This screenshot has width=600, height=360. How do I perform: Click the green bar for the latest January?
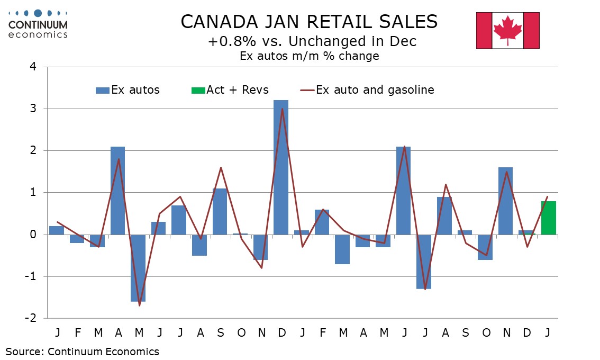click(x=548, y=218)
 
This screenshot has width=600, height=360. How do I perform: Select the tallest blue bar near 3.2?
click(x=281, y=167)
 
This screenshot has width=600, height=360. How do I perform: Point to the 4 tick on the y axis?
click(x=34, y=67)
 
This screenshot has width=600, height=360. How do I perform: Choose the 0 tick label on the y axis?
click(x=34, y=235)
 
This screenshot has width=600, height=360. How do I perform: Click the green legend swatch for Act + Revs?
click(x=198, y=91)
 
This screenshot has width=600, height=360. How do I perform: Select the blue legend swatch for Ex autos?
click(x=102, y=91)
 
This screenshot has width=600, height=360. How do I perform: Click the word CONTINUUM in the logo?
click(x=38, y=24)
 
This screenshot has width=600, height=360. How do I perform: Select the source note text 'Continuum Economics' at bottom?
click(x=103, y=351)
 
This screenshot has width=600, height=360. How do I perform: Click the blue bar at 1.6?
click(x=505, y=201)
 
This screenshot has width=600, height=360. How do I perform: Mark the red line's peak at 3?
click(x=283, y=109)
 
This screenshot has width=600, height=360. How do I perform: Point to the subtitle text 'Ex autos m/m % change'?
click(x=309, y=56)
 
